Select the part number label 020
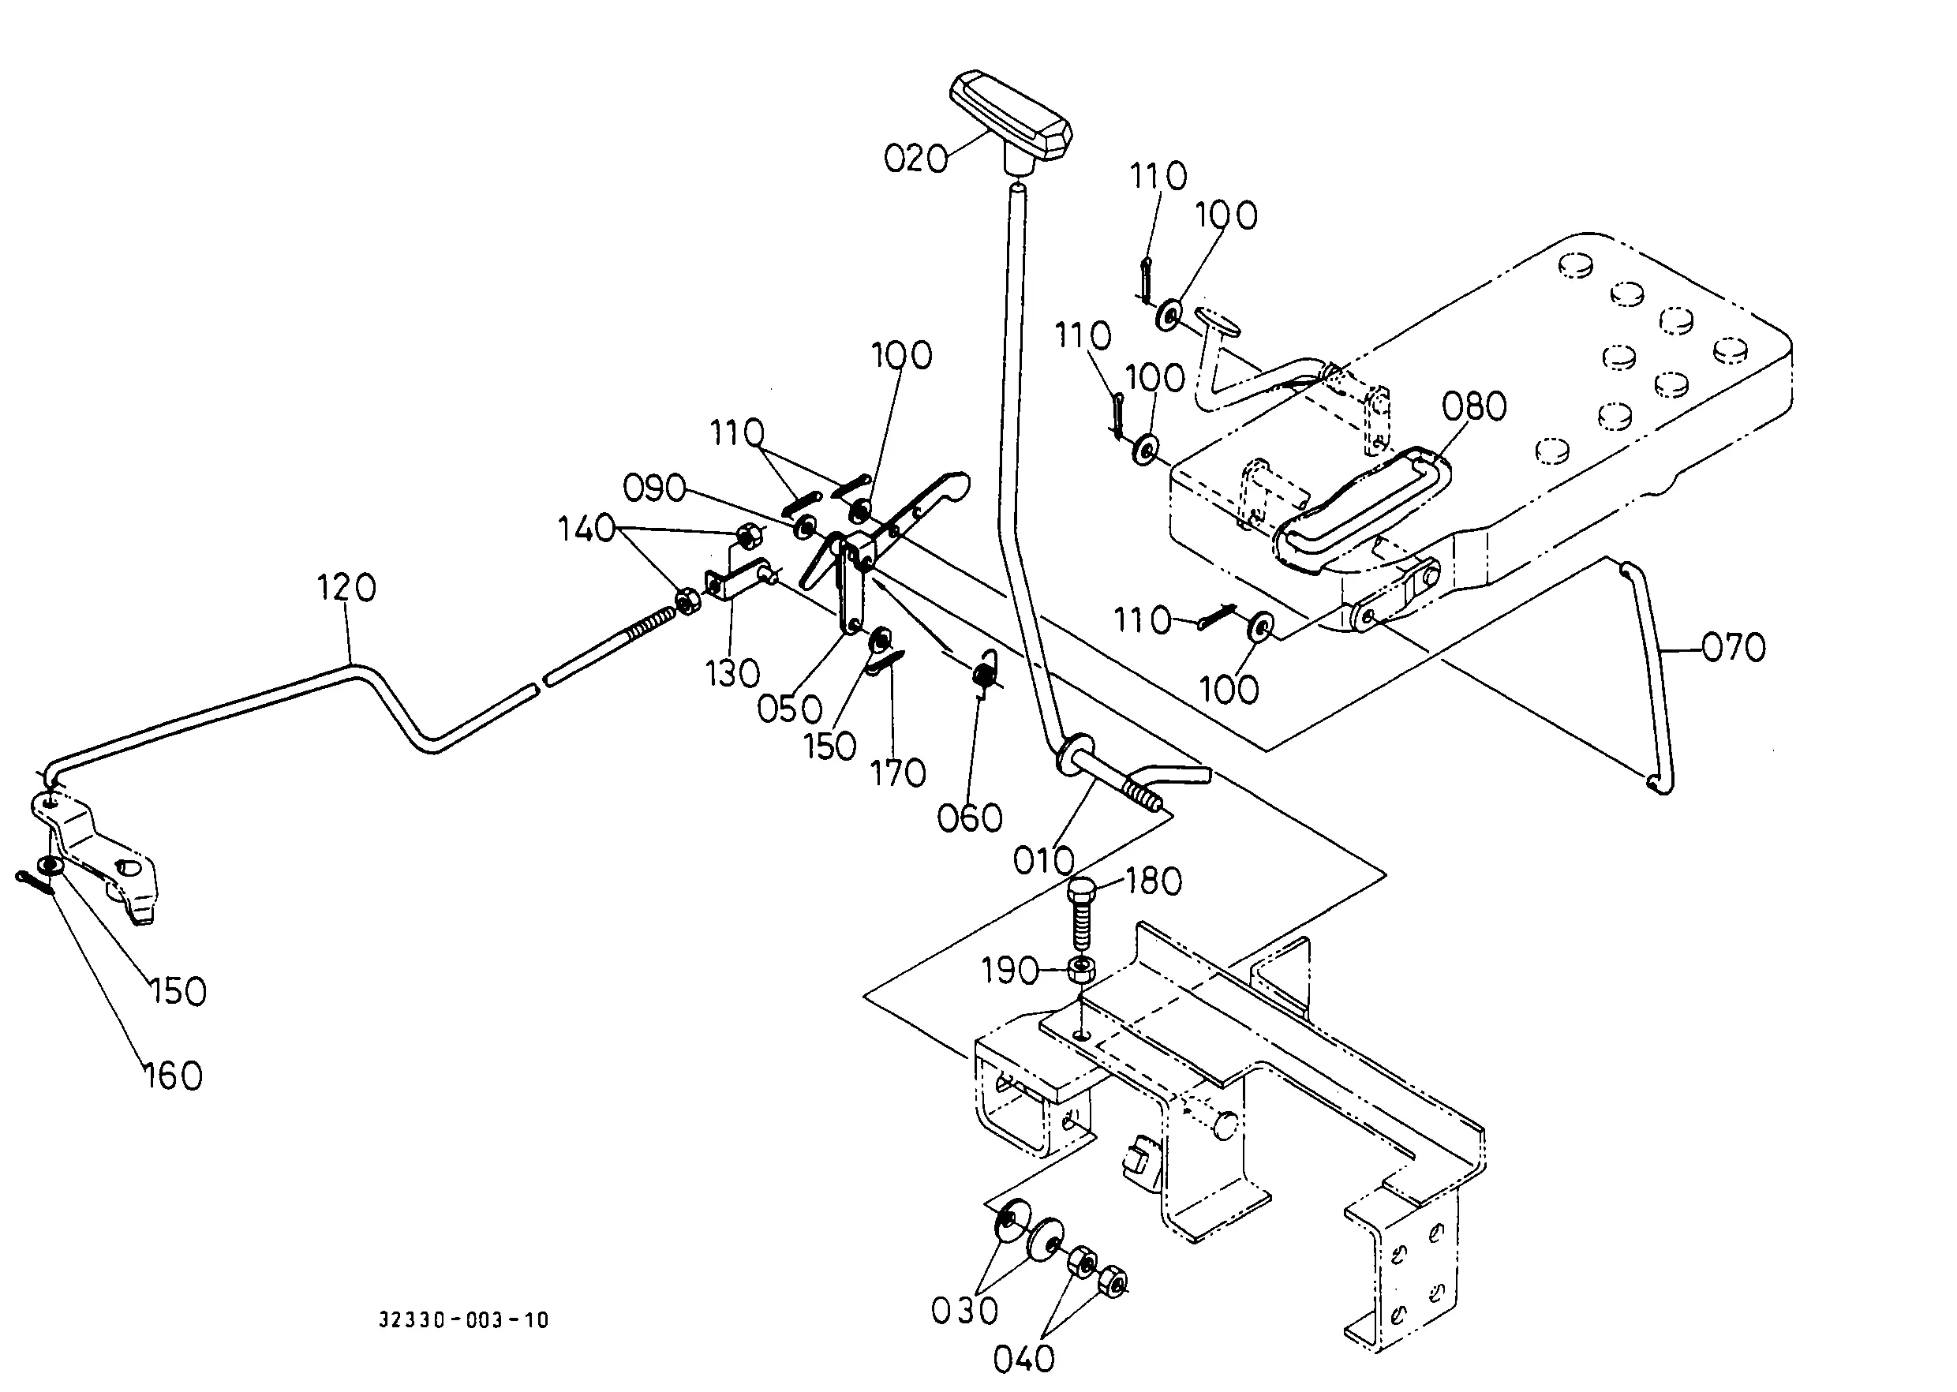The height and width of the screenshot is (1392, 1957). [915, 159]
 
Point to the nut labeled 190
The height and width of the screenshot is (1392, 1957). [1081, 971]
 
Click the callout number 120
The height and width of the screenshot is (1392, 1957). [346, 588]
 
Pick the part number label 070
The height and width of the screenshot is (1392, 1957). [1733, 647]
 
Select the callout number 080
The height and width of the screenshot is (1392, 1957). [1473, 406]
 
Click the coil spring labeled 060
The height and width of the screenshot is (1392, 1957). [986, 668]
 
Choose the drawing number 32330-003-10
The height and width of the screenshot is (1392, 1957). [464, 1320]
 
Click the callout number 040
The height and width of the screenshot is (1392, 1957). [1023, 1359]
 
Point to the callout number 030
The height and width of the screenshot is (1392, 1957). [965, 1311]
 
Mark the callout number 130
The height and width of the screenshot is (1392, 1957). [733, 674]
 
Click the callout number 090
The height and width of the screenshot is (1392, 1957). [654, 488]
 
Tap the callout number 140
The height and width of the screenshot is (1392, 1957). [587, 529]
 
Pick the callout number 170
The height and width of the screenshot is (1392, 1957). [898, 773]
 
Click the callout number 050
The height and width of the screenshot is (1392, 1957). [789, 709]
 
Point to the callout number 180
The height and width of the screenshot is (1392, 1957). [1154, 881]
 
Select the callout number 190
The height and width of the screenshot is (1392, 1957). [1010, 971]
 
